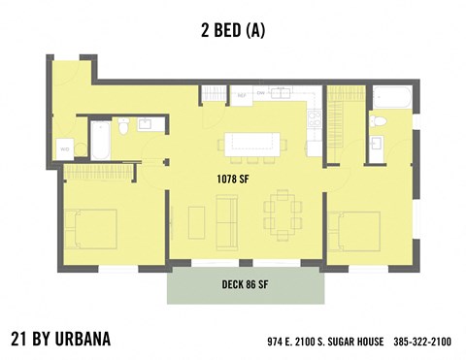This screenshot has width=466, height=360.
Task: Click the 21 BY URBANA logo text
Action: [60, 340]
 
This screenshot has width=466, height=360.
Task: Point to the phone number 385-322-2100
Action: [422, 343]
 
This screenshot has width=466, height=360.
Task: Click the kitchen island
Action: [254, 143]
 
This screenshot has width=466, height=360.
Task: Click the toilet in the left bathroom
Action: [123, 127]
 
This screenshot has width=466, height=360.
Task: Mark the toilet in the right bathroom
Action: [381, 122]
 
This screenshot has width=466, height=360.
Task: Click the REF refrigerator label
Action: [241, 95]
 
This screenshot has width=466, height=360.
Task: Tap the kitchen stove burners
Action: [315, 119]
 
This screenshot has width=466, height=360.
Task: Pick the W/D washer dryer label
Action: [65, 149]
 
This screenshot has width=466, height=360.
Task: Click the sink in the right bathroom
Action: [381, 146]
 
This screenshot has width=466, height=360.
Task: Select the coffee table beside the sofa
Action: [197, 222]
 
